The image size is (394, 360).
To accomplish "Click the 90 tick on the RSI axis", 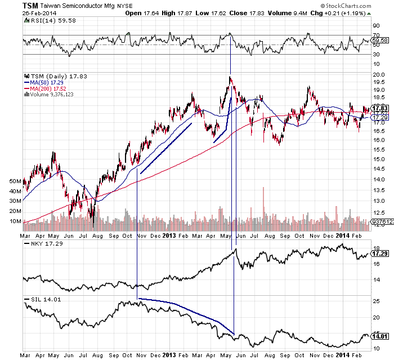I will (376, 26).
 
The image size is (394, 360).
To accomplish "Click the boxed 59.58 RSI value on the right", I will (380, 40).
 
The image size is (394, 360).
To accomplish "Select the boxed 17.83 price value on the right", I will (380, 108).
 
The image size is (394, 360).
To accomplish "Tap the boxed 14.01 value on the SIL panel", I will (380, 336).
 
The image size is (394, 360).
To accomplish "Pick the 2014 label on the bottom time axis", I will (343, 355).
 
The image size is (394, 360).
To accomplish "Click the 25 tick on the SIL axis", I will (375, 301).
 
